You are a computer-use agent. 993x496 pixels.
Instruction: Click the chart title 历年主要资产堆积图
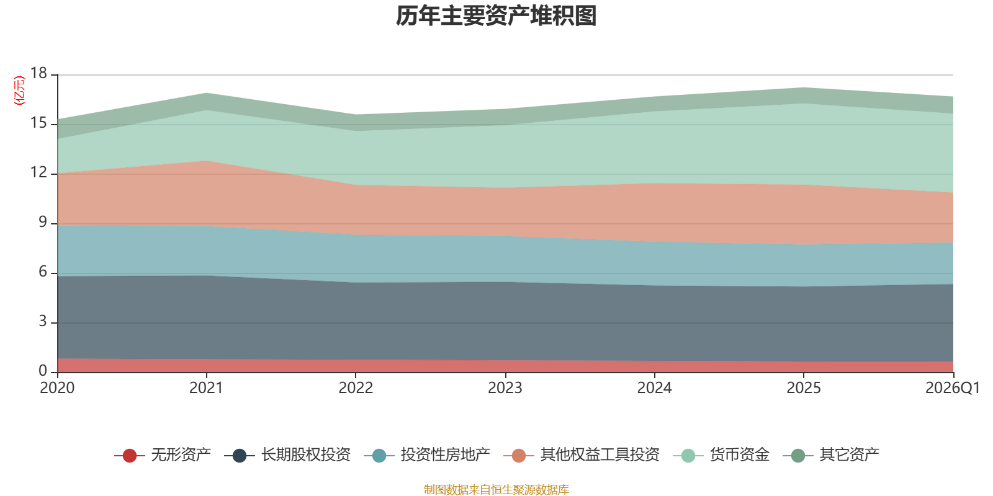click(x=496, y=16)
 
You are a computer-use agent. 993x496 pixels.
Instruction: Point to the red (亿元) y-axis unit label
click(x=19, y=91)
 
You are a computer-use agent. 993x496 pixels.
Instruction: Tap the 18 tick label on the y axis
click(x=38, y=73)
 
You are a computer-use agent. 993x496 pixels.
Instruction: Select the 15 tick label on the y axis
click(x=38, y=123)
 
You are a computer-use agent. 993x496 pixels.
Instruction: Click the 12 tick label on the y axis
click(x=38, y=172)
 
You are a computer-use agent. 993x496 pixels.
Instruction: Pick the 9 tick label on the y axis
click(x=43, y=222)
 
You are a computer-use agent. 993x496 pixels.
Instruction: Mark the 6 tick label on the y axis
click(x=43, y=272)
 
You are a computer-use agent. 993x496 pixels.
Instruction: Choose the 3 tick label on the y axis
click(x=43, y=321)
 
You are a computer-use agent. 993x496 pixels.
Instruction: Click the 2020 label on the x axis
click(x=57, y=388)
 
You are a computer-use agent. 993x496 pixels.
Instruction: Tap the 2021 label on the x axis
click(x=207, y=388)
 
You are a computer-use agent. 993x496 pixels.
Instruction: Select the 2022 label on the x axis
click(x=356, y=388)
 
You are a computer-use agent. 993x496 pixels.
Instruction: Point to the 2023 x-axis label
click(x=505, y=388)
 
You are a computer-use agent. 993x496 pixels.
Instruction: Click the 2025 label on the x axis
click(x=804, y=388)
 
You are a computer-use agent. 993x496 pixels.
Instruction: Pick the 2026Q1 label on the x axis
click(x=953, y=388)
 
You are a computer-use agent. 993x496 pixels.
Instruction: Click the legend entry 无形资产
click(x=162, y=455)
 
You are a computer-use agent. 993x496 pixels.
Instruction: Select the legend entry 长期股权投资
click(x=287, y=455)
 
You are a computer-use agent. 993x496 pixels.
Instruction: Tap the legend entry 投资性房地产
click(x=427, y=455)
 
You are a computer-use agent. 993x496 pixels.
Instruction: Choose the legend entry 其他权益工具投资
click(x=582, y=455)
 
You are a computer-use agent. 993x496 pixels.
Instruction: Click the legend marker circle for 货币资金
click(x=688, y=455)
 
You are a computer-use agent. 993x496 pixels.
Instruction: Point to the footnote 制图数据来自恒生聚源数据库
click(x=496, y=489)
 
